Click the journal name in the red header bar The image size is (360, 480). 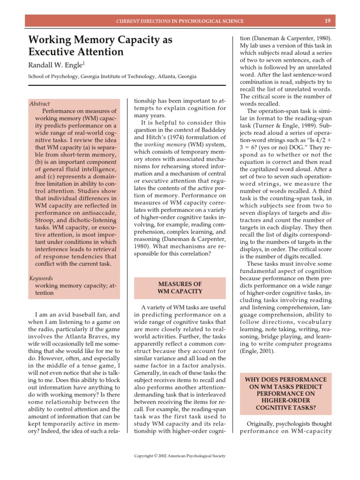click(x=180, y=21)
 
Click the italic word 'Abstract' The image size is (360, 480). click(x=39, y=104)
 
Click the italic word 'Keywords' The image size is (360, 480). click(x=41, y=278)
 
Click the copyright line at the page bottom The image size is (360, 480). click(x=180, y=455)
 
